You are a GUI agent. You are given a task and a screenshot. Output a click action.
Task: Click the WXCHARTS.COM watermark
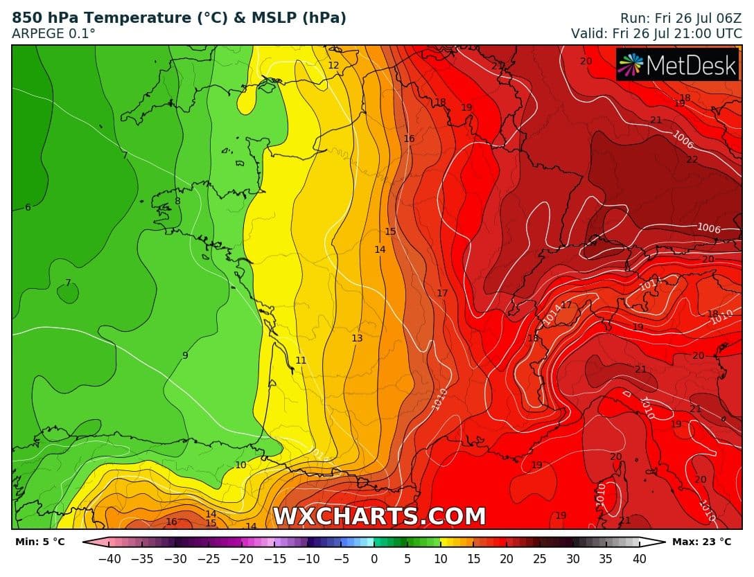[x=379, y=516]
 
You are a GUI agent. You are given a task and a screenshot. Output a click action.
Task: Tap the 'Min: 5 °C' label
[x=40, y=542]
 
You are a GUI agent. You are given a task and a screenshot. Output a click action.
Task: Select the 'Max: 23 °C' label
[x=701, y=542]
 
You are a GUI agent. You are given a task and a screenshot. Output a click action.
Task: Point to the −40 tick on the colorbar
[x=109, y=558]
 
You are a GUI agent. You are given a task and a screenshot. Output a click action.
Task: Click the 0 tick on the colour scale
[x=374, y=558]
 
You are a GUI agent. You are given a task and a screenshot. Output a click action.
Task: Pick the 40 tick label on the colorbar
[x=639, y=558]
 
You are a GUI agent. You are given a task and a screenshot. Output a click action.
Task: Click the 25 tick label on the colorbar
[x=540, y=558]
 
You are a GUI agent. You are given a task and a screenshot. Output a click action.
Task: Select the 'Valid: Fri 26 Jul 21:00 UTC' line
[x=656, y=33]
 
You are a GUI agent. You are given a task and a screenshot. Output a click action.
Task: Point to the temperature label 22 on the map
[x=692, y=159]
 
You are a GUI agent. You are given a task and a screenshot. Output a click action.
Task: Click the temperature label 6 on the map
[x=28, y=207]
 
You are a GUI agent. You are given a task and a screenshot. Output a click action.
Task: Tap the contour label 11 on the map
[x=301, y=360]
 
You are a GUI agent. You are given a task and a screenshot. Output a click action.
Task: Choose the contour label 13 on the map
[x=357, y=338]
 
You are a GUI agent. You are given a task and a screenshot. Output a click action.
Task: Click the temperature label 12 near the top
[x=333, y=65]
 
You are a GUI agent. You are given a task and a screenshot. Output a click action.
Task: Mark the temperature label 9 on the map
[x=185, y=355]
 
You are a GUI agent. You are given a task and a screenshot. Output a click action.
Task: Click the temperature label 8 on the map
[x=177, y=201]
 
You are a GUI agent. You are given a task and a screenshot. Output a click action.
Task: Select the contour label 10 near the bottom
[x=240, y=465]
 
